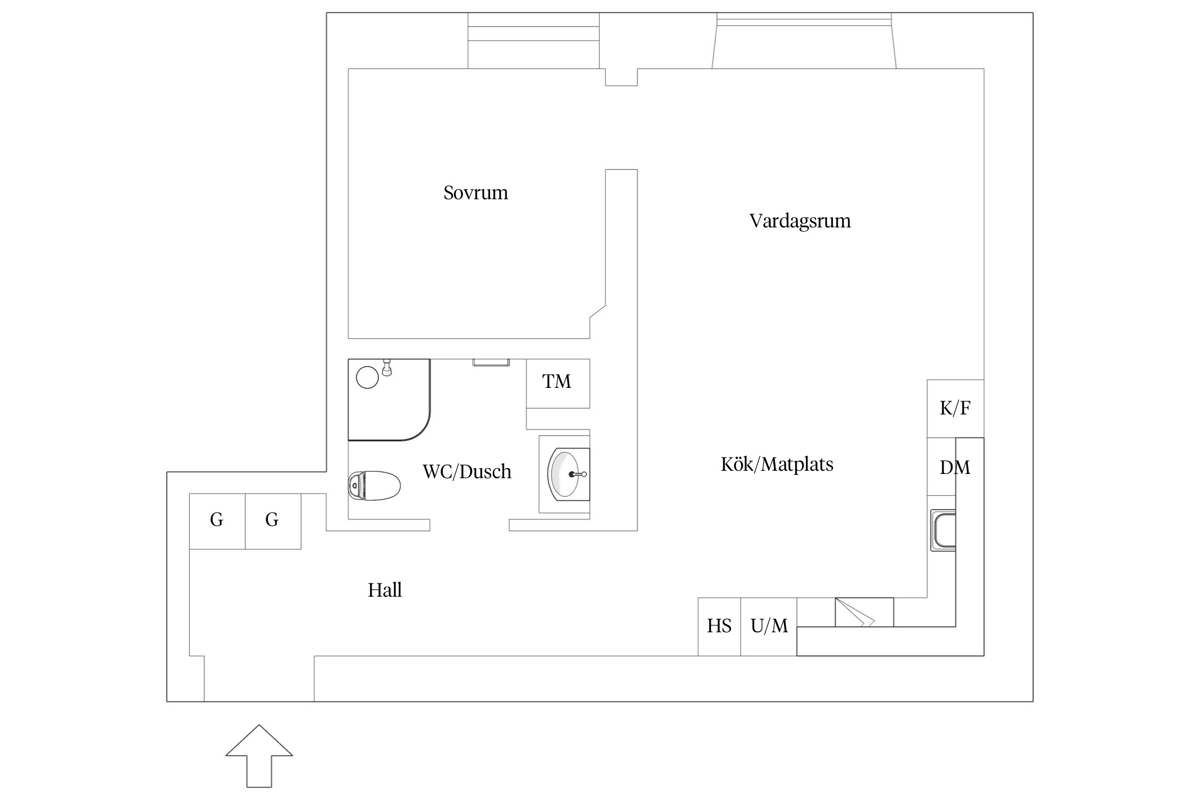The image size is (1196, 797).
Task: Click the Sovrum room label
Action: click(x=475, y=192)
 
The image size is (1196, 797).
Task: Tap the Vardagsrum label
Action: click(x=799, y=221)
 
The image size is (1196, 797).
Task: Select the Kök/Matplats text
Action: click(x=777, y=464)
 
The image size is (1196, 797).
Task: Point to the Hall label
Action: click(x=384, y=590)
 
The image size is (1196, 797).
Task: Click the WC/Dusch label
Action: click(x=467, y=472)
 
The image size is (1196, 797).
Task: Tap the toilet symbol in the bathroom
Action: click(x=374, y=485)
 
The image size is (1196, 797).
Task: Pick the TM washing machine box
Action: click(x=558, y=383)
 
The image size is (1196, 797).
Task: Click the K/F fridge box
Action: click(x=955, y=408)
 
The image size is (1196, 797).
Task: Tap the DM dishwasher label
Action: click(x=955, y=468)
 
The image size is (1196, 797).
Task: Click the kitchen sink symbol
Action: click(x=943, y=530)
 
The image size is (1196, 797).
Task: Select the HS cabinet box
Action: click(x=719, y=626)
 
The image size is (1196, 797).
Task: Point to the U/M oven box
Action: click(x=768, y=626)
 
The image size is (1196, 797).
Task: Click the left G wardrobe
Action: click(x=217, y=521)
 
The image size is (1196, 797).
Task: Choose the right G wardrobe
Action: click(x=273, y=521)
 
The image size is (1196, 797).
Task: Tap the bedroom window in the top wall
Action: click(x=533, y=40)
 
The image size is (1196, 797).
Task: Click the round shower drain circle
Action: click(x=367, y=377)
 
